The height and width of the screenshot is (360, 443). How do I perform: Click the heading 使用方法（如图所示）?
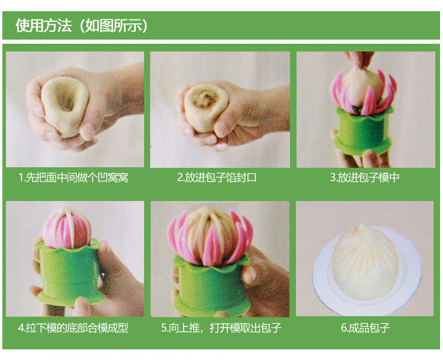(82, 25)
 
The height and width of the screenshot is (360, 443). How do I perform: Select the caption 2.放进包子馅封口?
(217, 177)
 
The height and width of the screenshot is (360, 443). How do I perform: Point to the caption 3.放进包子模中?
(364, 177)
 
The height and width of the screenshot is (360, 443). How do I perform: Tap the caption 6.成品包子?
(365, 328)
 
